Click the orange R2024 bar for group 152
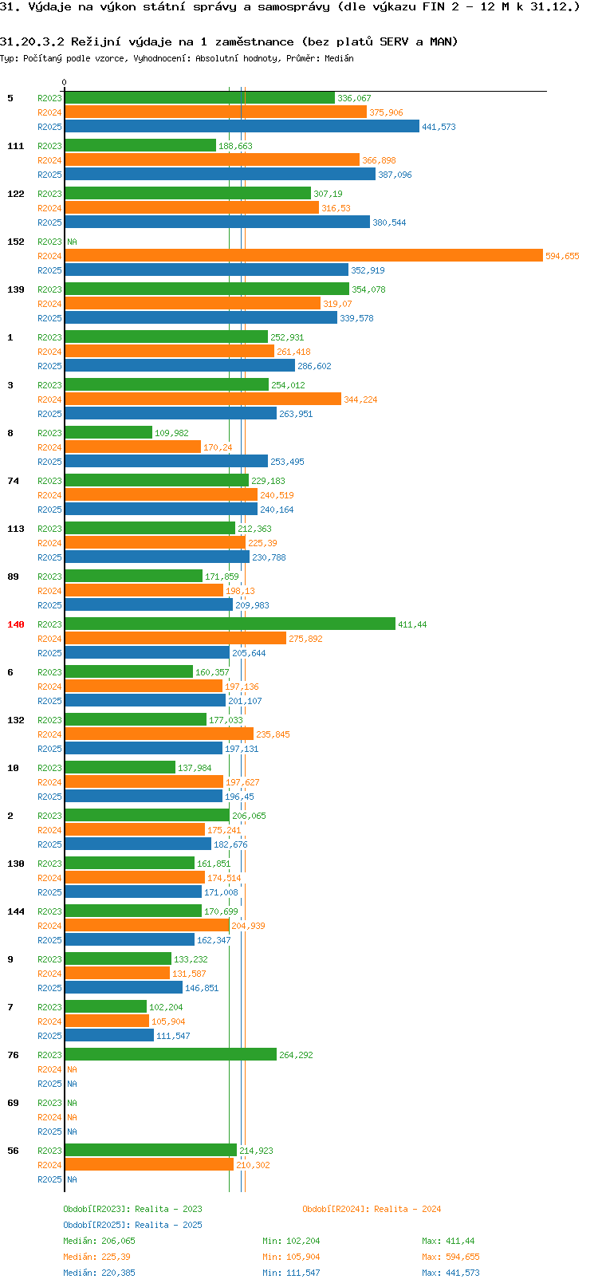[x=303, y=256]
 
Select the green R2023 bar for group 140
[x=230, y=624]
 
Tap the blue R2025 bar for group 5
[x=242, y=127]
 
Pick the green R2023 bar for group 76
[x=171, y=1055]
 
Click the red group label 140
[x=16, y=624]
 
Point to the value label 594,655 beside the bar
[x=562, y=256]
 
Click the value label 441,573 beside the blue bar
[x=439, y=127]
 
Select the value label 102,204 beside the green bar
[x=166, y=1007]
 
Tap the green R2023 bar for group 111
[x=140, y=146]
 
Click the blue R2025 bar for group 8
[x=166, y=462]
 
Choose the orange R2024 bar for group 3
[x=203, y=399]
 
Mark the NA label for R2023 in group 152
[x=72, y=242]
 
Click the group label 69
[x=13, y=1103]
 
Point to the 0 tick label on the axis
[x=65, y=82]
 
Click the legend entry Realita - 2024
[x=372, y=1209]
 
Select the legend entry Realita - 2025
[x=132, y=1225]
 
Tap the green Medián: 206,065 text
[x=99, y=1241]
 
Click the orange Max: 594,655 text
[x=450, y=1257]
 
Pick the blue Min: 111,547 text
[x=291, y=1273]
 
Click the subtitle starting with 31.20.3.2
[x=229, y=41]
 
